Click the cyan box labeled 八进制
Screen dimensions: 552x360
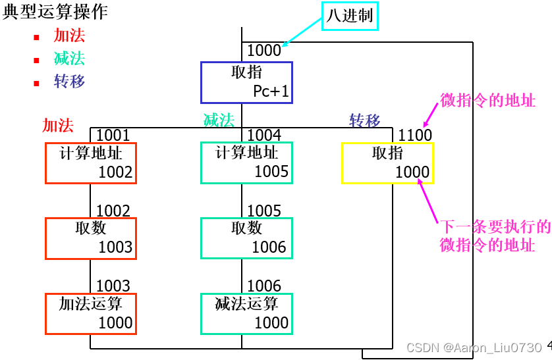pos(350,16)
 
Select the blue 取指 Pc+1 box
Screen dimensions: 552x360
pos(246,82)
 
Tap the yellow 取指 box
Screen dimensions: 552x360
pos(387,163)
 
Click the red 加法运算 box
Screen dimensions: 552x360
pos(91,313)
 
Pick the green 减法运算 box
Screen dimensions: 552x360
pos(246,313)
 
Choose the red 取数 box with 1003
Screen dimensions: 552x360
pos(91,238)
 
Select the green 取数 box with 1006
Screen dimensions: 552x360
pos(246,238)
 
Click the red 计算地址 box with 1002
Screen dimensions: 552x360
pos(91,163)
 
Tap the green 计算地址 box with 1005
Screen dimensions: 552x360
pos(246,163)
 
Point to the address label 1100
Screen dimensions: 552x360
pos(415,135)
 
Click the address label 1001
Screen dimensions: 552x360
pos(113,135)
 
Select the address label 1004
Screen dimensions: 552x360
pos(264,135)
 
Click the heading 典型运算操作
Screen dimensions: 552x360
pos(55,11)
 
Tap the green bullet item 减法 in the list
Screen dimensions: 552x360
pos(70,59)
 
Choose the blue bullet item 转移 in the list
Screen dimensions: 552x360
pos(70,81)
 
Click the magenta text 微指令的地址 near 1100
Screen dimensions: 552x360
pos(487,101)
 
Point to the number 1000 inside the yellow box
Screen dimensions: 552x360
pos(412,172)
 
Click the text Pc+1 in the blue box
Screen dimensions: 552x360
pos(271,91)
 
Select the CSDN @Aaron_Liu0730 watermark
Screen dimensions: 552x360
pos(474,347)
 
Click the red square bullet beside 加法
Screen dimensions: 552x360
pos(37,37)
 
